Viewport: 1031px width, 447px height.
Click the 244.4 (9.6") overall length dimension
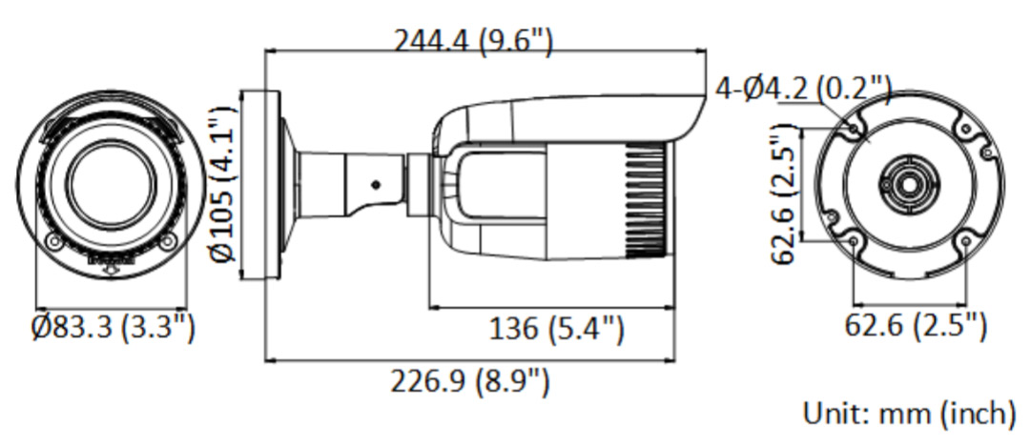(473, 41)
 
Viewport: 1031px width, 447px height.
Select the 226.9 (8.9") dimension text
(469, 381)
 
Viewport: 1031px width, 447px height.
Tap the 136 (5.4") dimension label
(556, 328)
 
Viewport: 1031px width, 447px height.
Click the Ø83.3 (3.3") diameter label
(113, 327)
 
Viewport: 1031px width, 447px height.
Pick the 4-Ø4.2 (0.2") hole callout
(803, 89)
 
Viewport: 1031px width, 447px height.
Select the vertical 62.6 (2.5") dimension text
(784, 193)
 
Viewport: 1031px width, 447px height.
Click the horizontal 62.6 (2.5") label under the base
(916, 325)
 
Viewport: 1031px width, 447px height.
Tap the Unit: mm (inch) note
(909, 414)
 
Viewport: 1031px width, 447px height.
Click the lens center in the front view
(112, 185)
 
